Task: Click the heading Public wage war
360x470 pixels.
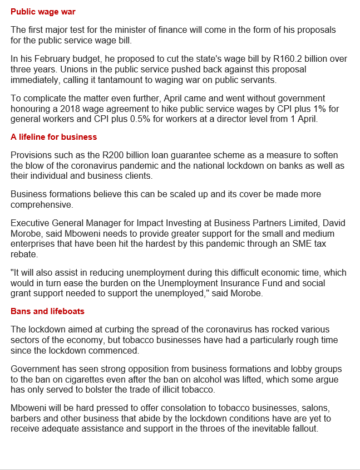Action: click(43, 12)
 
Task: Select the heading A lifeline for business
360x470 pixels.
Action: click(53, 137)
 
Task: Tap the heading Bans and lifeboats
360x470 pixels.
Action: click(47, 311)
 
